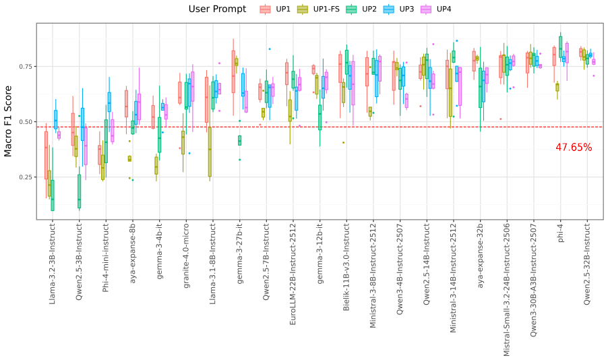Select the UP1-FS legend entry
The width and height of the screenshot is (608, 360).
[x=318, y=9]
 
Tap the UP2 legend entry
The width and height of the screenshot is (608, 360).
[x=361, y=9]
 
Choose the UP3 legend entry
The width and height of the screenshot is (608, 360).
[x=398, y=9]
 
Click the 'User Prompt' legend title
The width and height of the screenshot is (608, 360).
[x=217, y=9]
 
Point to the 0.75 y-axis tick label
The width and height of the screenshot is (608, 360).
[x=26, y=67]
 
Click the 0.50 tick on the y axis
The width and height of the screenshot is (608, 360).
[x=26, y=122]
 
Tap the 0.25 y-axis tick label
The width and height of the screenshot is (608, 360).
[x=26, y=177]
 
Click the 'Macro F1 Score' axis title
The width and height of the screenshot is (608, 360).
[x=8, y=121]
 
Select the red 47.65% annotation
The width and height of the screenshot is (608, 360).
[x=574, y=148]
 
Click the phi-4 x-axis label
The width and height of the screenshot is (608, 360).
[x=560, y=233]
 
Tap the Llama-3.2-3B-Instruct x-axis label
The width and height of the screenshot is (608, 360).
[x=53, y=264]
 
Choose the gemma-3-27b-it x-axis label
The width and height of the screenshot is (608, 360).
[x=239, y=253]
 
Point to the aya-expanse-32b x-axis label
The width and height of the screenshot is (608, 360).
[x=480, y=256]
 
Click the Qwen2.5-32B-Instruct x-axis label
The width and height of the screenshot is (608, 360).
[x=586, y=264]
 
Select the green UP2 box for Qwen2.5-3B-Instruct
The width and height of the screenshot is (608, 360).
[x=79, y=191]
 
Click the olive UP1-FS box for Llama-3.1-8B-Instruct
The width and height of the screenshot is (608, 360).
[x=210, y=152]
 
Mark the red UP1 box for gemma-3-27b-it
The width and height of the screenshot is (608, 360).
[x=233, y=71]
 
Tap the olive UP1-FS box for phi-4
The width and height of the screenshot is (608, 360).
[x=557, y=87]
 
